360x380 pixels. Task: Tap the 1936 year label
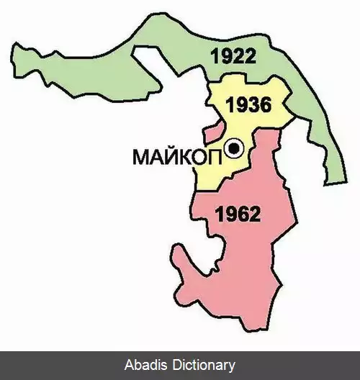point(248,105)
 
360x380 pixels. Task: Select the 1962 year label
point(238,214)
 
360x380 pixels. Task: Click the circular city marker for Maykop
point(234,149)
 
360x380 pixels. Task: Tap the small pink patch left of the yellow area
point(211,134)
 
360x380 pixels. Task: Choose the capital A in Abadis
point(129,366)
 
